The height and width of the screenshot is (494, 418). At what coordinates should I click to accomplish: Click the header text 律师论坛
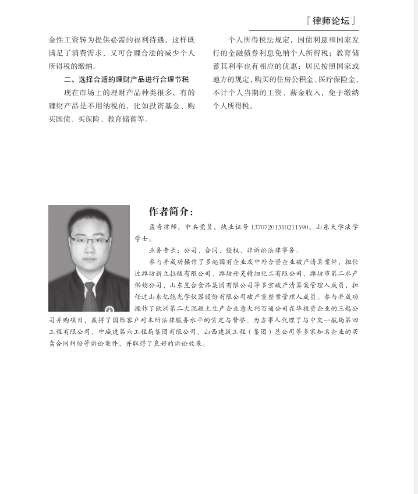coord(331,21)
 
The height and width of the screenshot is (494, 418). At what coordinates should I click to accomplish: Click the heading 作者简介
coord(171,211)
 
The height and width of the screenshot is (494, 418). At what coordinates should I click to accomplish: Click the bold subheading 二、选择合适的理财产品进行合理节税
coord(126,79)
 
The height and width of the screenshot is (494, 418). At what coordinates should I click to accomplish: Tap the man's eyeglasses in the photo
coord(89,241)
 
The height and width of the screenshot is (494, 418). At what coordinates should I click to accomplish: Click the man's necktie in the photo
coord(89,294)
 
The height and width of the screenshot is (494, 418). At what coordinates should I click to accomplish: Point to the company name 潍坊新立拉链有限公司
coord(173,273)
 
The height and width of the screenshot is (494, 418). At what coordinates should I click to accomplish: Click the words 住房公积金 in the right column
coord(291,79)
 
